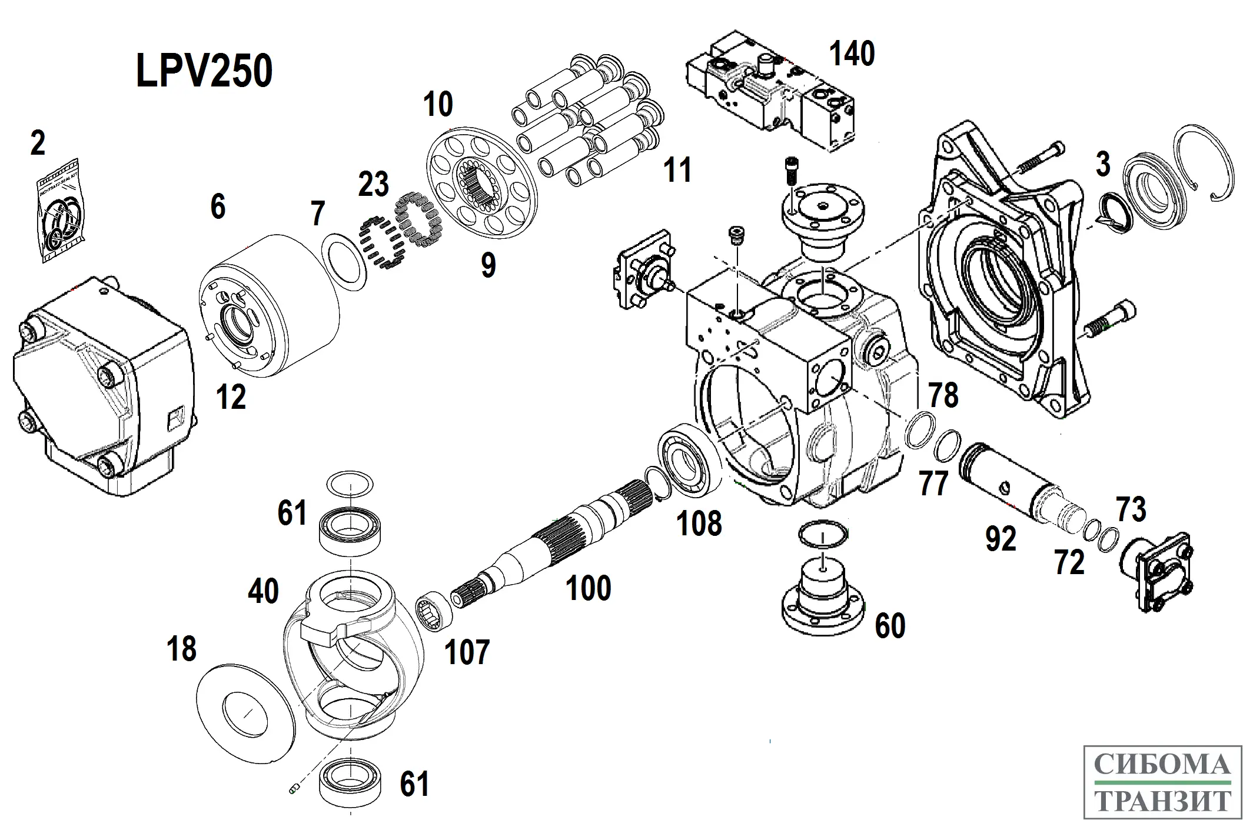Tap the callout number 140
(x=852, y=54)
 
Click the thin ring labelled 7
(x=345, y=261)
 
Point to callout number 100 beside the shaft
(x=588, y=588)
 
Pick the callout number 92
(x=1001, y=539)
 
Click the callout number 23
(x=374, y=184)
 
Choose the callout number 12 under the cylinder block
(x=231, y=398)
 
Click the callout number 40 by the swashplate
(x=263, y=591)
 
